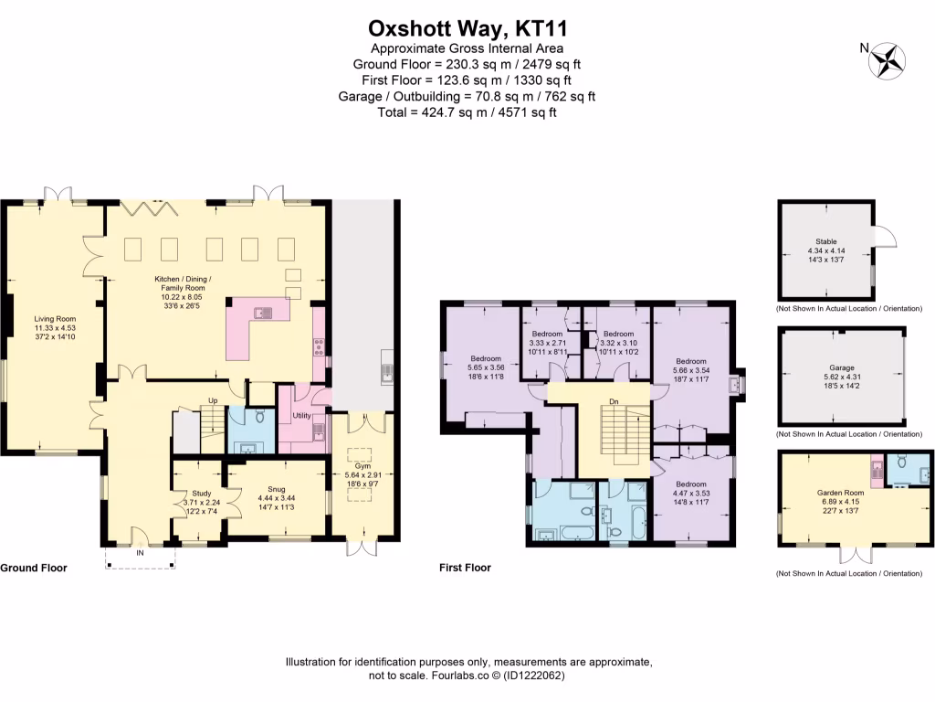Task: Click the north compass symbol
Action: pos(887,60)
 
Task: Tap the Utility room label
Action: pos(302,416)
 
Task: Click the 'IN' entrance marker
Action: pos(141,553)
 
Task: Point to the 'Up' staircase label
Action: pos(213,400)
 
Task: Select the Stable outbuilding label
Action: pos(825,241)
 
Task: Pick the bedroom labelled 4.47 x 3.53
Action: pos(690,484)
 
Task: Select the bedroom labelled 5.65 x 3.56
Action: pos(486,358)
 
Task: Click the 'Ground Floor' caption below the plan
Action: pos(34,568)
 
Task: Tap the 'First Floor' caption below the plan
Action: pos(465,568)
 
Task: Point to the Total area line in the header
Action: pos(467,112)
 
